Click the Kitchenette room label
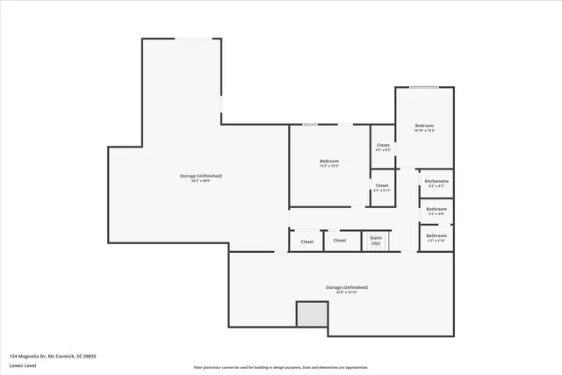(x=436, y=181)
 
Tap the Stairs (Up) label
(x=376, y=238)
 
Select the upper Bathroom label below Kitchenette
(x=436, y=209)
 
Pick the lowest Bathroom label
(x=436, y=235)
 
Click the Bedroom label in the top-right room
(x=425, y=126)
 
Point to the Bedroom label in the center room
(x=329, y=161)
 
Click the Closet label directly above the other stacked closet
(x=383, y=145)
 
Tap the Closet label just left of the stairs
(x=340, y=241)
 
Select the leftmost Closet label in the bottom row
(x=307, y=242)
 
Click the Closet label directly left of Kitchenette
(x=382, y=185)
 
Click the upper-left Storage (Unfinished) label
(x=201, y=176)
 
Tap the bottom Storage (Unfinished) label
(x=346, y=287)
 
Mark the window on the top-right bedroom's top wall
(x=424, y=87)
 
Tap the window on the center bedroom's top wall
(x=309, y=125)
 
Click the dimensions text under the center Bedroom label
(x=329, y=166)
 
